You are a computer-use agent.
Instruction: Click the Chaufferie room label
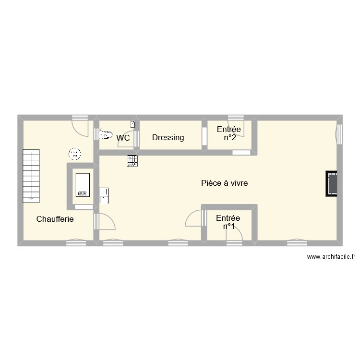[x=55, y=219]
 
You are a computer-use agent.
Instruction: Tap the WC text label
[x=123, y=138]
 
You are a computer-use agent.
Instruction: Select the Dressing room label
[x=168, y=138]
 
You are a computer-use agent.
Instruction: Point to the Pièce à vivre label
[x=225, y=183]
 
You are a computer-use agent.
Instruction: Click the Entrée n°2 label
[x=229, y=133]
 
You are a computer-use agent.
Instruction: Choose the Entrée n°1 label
[x=228, y=222]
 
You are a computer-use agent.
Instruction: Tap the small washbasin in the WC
[x=133, y=124]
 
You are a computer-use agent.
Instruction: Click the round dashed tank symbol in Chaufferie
[x=74, y=154]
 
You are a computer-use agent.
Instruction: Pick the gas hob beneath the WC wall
[x=132, y=161]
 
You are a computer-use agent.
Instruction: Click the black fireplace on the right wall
[x=331, y=183]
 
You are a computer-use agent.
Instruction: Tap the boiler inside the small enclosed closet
[x=82, y=184]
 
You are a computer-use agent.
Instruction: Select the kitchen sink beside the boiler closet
[x=104, y=194]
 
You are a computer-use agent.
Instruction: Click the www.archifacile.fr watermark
[x=331, y=257]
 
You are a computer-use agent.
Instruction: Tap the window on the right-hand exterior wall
[x=339, y=134]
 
